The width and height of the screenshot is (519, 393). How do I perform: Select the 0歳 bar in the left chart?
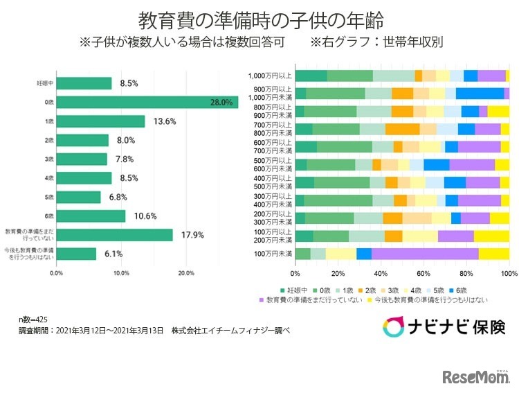click(147, 102)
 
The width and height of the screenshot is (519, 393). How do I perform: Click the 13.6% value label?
click(165, 121)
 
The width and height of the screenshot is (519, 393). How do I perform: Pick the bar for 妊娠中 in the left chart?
click(84, 83)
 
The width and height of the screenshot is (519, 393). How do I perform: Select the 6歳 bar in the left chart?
click(91, 216)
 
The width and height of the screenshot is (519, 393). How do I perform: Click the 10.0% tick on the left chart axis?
click(120, 273)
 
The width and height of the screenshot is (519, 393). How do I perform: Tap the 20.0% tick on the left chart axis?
click(185, 273)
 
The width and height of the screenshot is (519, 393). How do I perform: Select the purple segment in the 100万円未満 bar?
click(424, 254)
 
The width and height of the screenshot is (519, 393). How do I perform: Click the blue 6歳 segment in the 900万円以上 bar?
click(480, 94)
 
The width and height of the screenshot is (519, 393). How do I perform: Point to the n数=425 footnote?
click(33, 320)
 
